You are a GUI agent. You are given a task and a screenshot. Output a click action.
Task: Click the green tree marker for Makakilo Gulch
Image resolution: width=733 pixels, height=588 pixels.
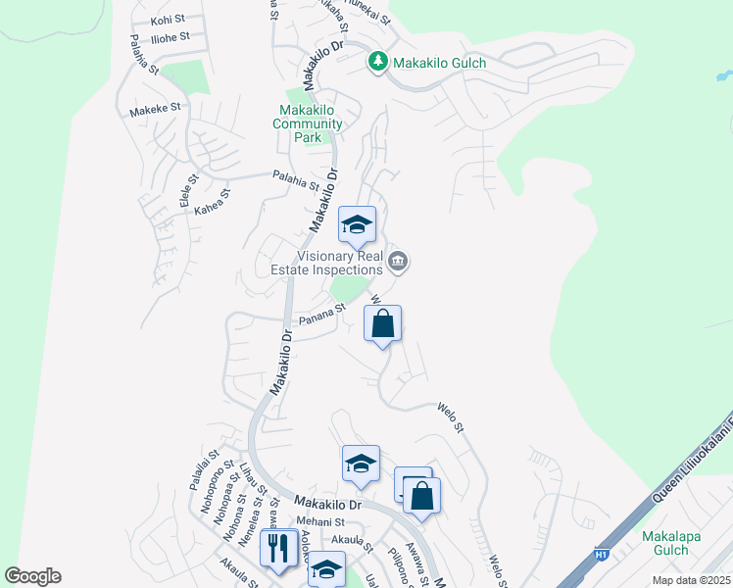pyautogui.click(x=378, y=62)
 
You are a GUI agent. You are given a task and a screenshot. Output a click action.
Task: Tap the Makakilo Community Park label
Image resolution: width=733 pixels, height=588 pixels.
pyautogui.click(x=308, y=123)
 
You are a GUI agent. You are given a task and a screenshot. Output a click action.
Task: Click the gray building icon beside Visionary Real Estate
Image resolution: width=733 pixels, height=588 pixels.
pyautogui.click(x=398, y=261)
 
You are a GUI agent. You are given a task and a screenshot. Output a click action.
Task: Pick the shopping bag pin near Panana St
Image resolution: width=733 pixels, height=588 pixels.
pyautogui.click(x=382, y=323)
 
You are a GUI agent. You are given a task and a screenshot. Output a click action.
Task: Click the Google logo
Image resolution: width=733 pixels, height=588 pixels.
pyautogui.click(x=32, y=575)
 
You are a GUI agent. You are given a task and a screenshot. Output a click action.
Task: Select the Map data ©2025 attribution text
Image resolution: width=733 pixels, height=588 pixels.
pyautogui.click(x=691, y=580)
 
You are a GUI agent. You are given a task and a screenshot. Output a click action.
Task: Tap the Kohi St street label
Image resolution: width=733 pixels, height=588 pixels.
pyautogui.click(x=169, y=20)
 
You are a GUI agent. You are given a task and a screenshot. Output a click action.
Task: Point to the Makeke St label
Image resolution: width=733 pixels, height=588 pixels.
pyautogui.click(x=156, y=110)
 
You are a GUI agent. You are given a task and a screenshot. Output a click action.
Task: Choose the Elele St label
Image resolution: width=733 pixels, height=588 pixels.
pyautogui.click(x=185, y=189)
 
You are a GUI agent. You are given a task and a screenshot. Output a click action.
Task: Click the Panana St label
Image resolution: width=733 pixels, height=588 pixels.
pyautogui.click(x=322, y=314)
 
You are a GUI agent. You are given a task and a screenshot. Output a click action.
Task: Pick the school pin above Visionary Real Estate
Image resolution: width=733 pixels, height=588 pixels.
pyautogui.click(x=357, y=225)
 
